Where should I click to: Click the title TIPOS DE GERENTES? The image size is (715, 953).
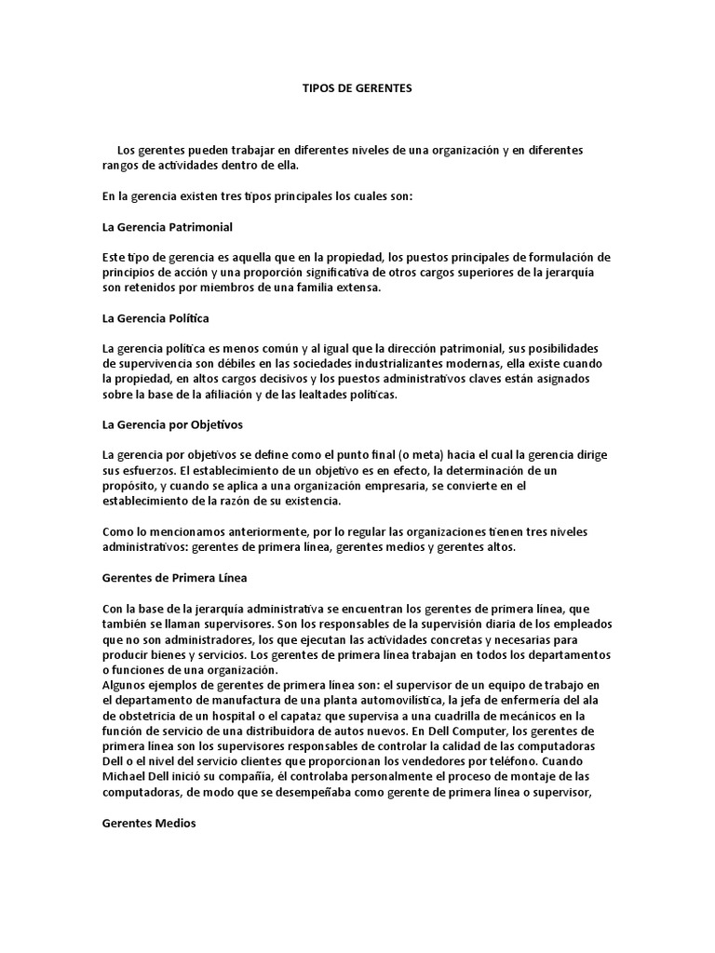(357, 88)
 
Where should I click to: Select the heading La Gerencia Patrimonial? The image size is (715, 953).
(167, 226)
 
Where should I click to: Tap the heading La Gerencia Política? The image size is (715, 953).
(155, 318)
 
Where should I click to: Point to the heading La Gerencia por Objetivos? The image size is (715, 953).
(171, 424)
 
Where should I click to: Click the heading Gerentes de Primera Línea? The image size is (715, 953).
(174, 577)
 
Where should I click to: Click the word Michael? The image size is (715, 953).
(125, 775)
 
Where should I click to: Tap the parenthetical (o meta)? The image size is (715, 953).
(429, 455)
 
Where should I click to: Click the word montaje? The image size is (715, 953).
(554, 775)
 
